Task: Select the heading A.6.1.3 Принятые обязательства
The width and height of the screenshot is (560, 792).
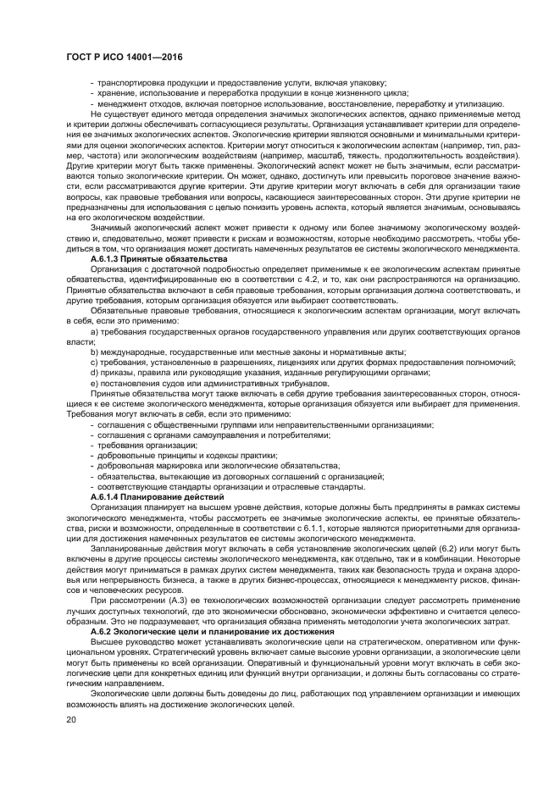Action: tap(159, 258)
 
